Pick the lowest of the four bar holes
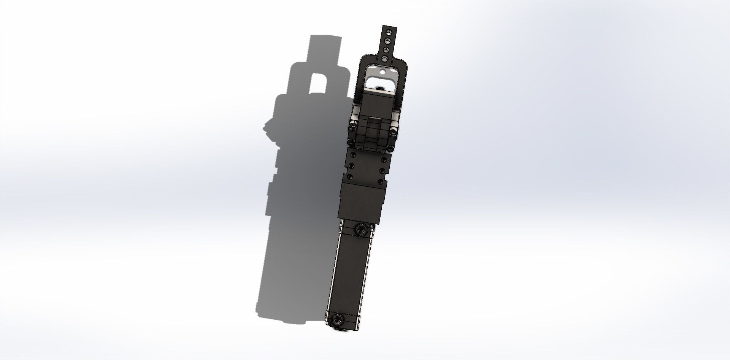tap(385, 59)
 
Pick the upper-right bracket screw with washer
tap(393, 132)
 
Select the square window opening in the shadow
tap(319, 83)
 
